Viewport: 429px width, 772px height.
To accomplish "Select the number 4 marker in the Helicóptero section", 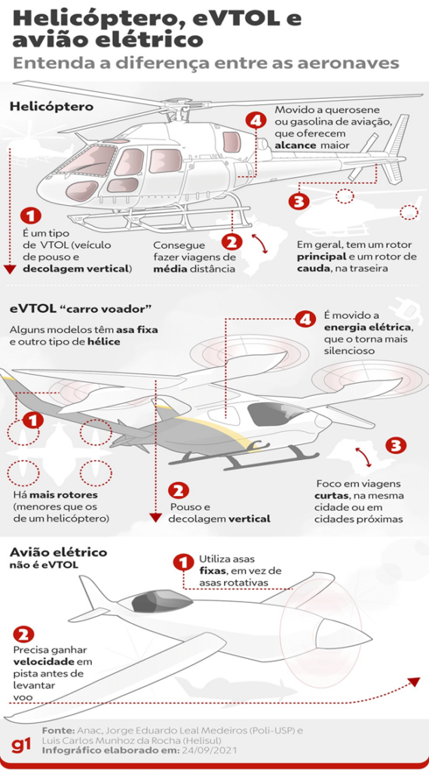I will (256, 121).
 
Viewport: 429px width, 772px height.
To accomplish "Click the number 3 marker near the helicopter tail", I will (299, 201).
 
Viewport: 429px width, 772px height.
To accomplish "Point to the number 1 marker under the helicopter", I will (29, 216).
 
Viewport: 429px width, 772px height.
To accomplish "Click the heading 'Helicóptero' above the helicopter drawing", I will (51, 106).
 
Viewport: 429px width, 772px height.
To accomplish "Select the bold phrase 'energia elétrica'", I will (367, 326).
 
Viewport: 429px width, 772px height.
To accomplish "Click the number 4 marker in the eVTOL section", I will (305, 320).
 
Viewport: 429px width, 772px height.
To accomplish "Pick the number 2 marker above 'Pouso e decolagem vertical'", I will (179, 489).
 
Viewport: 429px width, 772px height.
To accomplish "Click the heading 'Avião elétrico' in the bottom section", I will (58, 552).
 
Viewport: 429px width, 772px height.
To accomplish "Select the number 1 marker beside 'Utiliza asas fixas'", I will (182, 562).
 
